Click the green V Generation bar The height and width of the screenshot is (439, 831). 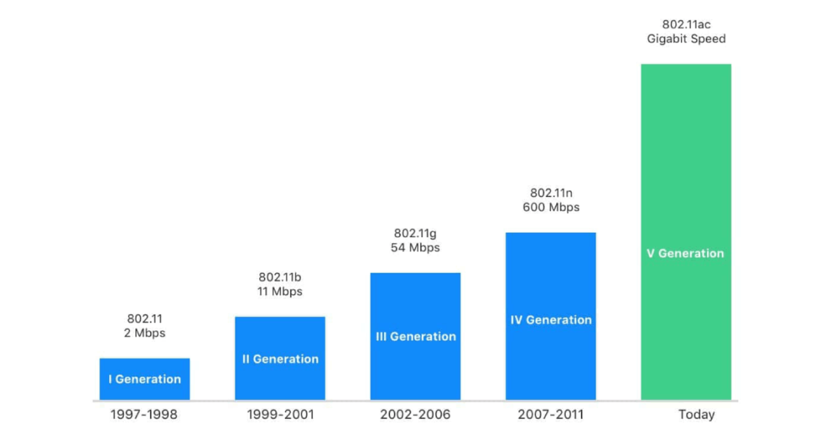point(686,166)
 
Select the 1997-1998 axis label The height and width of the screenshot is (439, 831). point(144,415)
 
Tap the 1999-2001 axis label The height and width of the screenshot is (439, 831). point(280,415)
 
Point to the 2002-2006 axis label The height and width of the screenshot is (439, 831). point(415,415)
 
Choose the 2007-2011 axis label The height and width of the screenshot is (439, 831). point(550,415)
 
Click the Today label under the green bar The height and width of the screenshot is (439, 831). point(696,415)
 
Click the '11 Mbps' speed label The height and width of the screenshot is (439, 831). point(280,292)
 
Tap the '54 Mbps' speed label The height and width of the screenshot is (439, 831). point(416,248)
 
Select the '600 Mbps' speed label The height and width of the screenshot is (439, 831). point(551,208)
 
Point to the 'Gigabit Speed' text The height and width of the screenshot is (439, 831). point(686,39)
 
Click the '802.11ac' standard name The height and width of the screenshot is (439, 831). point(686,24)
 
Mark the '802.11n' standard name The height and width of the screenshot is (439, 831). point(551,193)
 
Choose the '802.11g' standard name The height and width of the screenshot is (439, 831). point(416,233)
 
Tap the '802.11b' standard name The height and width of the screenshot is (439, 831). point(280,277)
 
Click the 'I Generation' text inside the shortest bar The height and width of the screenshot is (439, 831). point(145,379)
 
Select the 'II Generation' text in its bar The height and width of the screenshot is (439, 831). point(280,359)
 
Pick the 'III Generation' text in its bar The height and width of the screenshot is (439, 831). point(416,336)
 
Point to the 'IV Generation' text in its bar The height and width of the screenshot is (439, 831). point(551,320)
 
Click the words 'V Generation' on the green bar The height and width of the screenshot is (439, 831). point(685,253)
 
